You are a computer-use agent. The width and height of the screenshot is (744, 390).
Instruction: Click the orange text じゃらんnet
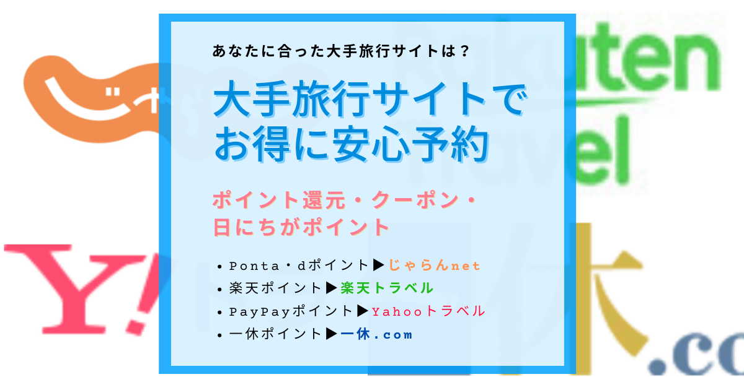pyautogui.click(x=435, y=266)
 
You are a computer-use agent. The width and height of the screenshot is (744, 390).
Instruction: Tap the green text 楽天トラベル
pyautogui.click(x=387, y=288)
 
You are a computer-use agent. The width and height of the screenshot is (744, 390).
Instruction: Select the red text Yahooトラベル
pyautogui.click(x=428, y=311)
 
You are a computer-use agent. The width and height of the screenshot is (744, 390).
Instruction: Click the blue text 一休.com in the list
pyautogui.click(x=376, y=334)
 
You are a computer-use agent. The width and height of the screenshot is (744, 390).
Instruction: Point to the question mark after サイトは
pyautogui.click(x=464, y=51)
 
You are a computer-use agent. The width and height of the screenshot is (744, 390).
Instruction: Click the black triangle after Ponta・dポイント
pyautogui.click(x=379, y=265)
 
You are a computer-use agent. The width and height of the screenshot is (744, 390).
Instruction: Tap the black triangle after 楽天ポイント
pyautogui.click(x=332, y=288)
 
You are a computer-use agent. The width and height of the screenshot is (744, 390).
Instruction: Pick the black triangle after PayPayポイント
pyautogui.click(x=363, y=311)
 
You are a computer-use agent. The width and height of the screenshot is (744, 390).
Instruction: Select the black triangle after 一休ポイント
pyautogui.click(x=332, y=334)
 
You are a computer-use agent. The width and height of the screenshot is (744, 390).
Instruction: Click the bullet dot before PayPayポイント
pyautogui.click(x=219, y=313)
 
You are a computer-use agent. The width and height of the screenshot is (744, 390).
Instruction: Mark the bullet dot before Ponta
pyautogui.click(x=219, y=267)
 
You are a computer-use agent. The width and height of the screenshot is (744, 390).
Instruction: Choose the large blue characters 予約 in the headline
pyautogui.click(x=449, y=144)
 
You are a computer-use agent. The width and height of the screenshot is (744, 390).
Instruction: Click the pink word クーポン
pyautogui.click(x=415, y=199)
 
